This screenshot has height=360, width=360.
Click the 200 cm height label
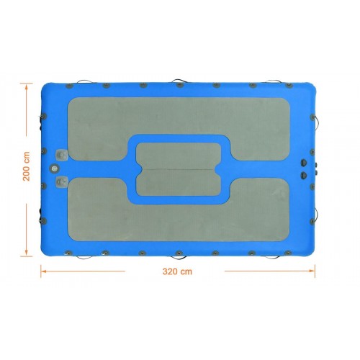pyautogui.click(x=27, y=166)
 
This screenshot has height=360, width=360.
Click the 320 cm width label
pyautogui.click(x=177, y=271)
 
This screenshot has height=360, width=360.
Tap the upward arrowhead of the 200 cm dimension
pyautogui.click(x=27, y=86)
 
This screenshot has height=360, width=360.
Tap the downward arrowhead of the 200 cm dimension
pyautogui.click(x=27, y=253)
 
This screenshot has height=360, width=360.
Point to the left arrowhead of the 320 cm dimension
pyautogui.click(x=44, y=271)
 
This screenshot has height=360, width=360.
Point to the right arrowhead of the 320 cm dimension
pyautogui.click(x=312, y=271)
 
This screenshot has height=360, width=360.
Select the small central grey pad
pyautogui.click(x=179, y=170)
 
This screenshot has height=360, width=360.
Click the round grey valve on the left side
pyautogui.click(x=54, y=168)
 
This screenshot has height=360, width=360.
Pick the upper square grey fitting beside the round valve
pyautogui.click(x=62, y=155)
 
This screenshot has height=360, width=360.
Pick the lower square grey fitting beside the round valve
pyautogui.click(x=62, y=181)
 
